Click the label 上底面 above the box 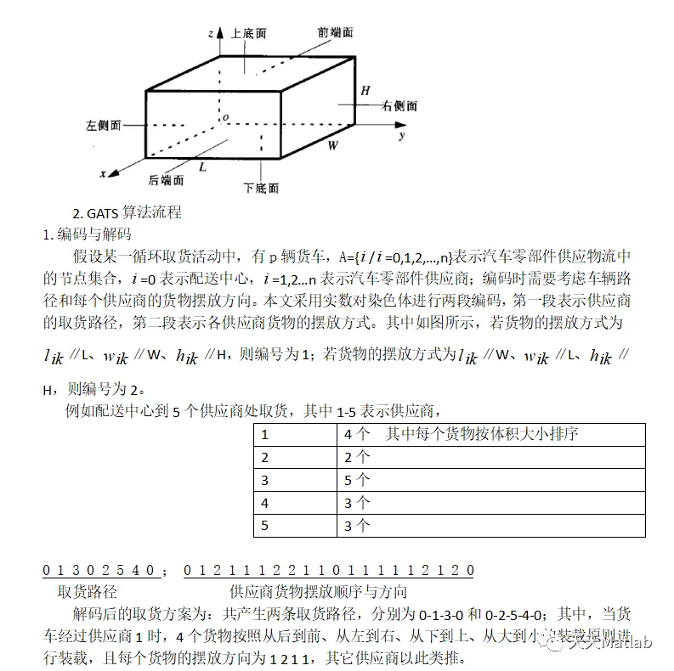coord(249,33)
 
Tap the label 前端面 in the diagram coord(335,31)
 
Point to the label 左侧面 coord(103,124)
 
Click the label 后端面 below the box coord(166,179)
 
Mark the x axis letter coord(103,173)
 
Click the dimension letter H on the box coord(365,90)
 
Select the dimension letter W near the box coord(333,145)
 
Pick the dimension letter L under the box coord(202,167)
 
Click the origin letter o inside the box coord(225,117)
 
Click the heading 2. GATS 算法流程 coord(127,212)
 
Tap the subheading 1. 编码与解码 coord(87,233)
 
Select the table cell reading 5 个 coord(357,480)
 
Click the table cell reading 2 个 coord(357,457)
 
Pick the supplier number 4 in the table coord(265,503)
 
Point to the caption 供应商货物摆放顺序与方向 coord(318,592)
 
